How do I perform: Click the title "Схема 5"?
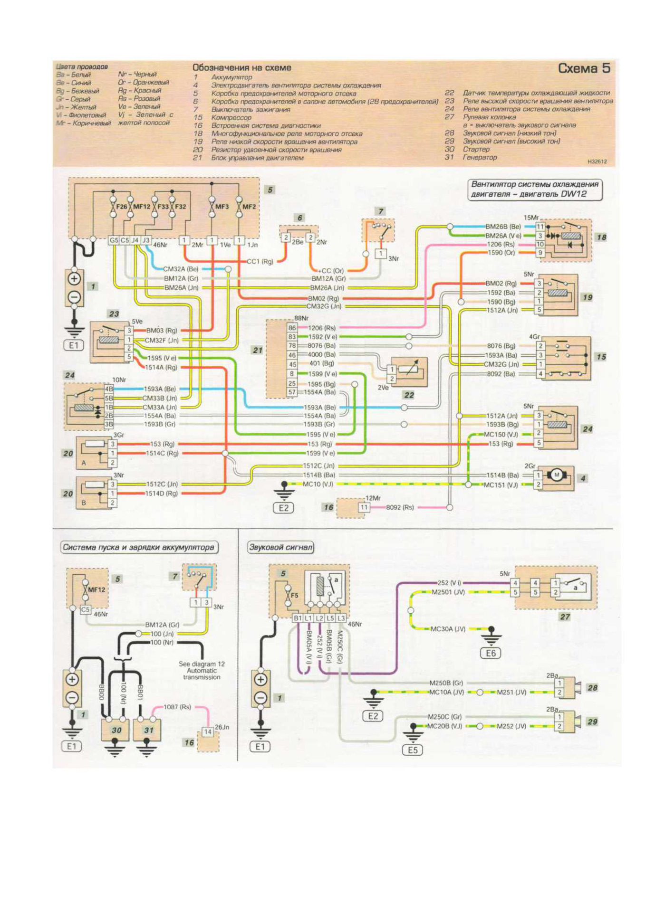coord(584,68)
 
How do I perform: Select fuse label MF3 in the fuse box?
coord(222,207)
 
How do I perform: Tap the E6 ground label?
coord(491,653)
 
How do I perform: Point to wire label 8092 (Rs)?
coord(400,507)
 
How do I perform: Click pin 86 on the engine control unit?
coord(292,328)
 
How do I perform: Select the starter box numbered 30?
coord(116,730)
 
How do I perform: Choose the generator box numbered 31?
coord(149,730)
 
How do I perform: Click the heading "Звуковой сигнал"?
coord(281,547)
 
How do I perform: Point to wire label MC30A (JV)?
coord(448,629)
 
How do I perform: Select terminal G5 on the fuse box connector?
coord(114,240)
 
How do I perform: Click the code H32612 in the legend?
coord(597,161)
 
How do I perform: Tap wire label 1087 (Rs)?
coord(177,707)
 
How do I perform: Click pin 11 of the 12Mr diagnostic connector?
coord(364,507)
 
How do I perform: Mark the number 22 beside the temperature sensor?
coord(409,395)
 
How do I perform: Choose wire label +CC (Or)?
coord(331,271)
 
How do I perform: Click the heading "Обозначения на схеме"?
coord(241,68)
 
